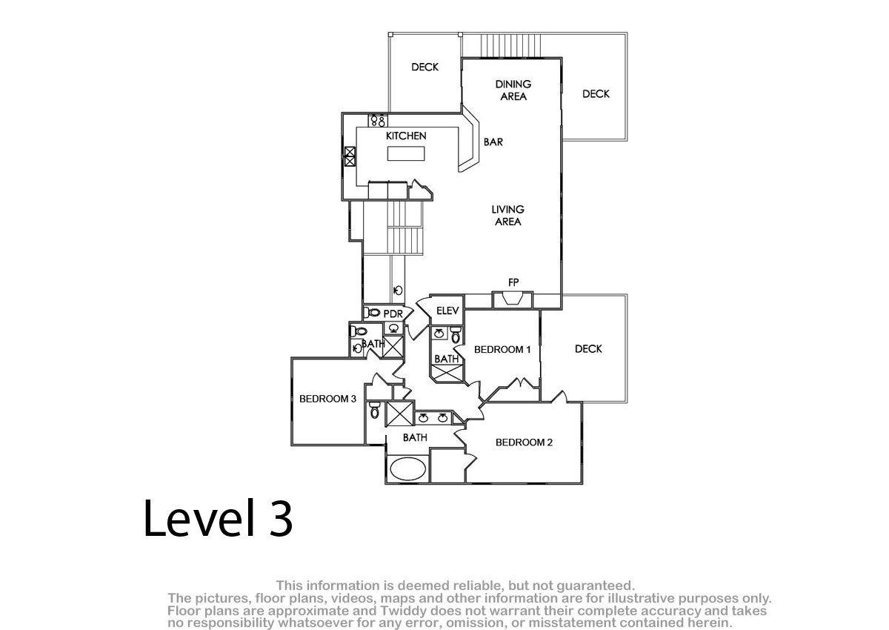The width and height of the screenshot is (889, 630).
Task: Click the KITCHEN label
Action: point(406,136)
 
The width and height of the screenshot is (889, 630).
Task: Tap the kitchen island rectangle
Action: point(406,153)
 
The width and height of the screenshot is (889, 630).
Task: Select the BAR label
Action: point(493,142)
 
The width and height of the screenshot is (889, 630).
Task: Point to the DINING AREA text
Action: point(513,90)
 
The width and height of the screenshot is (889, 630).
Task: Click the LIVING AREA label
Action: point(508,216)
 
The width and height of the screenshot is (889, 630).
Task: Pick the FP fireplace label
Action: point(513,282)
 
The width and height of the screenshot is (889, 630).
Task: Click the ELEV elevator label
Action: point(447,311)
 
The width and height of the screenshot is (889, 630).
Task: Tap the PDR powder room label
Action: point(393,314)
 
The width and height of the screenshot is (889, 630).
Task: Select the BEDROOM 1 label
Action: point(502,350)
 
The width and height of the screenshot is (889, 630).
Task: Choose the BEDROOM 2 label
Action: point(524,442)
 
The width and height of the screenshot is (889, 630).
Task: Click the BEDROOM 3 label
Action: point(327,399)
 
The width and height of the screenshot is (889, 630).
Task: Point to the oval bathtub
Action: point(408,469)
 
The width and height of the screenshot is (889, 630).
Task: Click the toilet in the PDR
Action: point(372,313)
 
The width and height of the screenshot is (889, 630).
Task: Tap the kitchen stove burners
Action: point(378,120)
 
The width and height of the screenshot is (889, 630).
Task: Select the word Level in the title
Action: point(199,517)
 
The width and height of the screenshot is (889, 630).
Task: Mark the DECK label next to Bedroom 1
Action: point(588,349)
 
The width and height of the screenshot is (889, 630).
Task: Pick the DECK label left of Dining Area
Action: point(424,67)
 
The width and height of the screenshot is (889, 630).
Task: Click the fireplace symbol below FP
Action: point(513,299)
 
